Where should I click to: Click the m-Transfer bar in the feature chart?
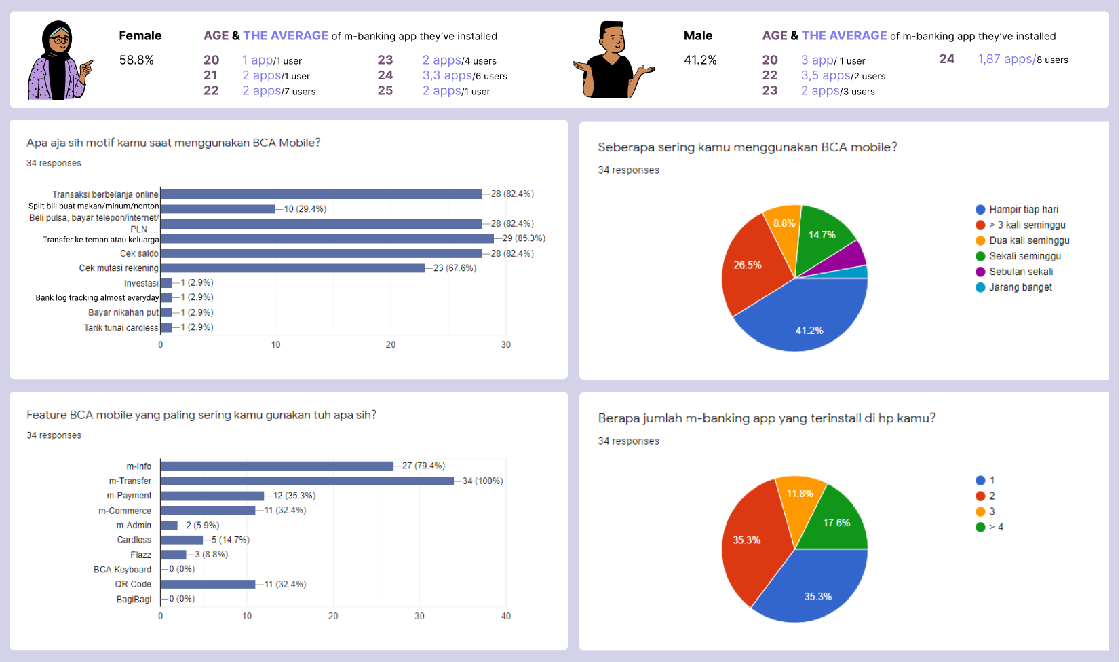(307, 481)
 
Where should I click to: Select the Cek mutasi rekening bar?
(292, 268)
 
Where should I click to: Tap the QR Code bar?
(208, 584)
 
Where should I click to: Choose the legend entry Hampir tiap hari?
(1023, 209)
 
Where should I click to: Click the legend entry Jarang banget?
(1020, 287)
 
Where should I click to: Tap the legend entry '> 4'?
(995, 527)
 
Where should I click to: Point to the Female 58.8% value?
(136, 60)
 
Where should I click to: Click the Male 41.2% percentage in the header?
(700, 60)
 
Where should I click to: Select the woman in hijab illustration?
(59, 61)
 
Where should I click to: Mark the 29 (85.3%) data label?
(524, 238)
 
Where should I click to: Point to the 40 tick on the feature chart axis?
(505, 616)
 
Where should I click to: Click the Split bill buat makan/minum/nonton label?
(94, 206)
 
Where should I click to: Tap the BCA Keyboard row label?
(122, 570)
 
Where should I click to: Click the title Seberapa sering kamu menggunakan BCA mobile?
(748, 147)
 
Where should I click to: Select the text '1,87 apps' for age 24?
(1005, 59)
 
